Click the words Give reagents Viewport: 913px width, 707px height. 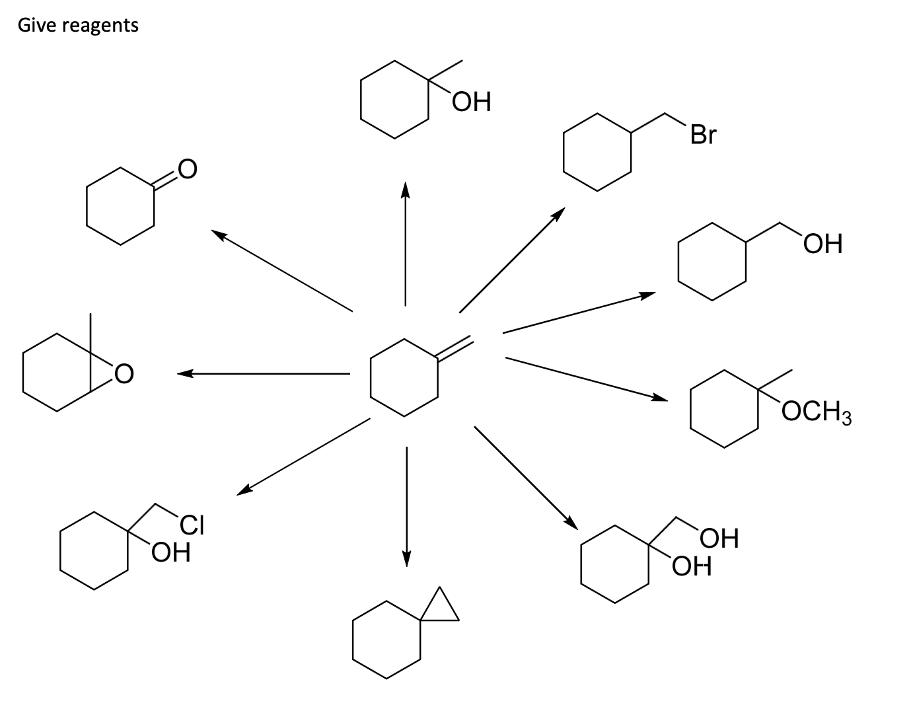coord(78,26)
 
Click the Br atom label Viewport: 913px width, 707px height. coord(702,135)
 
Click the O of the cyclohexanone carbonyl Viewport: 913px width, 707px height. coord(187,169)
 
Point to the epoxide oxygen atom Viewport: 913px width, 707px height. coord(124,375)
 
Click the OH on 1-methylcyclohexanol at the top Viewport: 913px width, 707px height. coord(472,102)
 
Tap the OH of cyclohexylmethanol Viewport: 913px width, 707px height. coord(823,244)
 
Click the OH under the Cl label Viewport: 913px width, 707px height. coord(171,551)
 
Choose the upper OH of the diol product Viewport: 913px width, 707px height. coord(719,539)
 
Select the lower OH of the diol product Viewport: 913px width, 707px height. coord(692,566)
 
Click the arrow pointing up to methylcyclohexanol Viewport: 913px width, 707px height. coord(405,244)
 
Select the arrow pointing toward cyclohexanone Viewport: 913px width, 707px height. coord(282,270)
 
